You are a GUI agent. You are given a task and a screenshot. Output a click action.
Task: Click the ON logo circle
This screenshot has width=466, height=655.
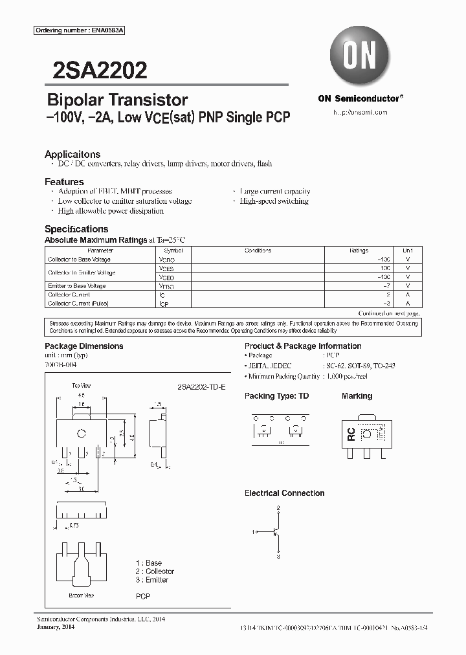point(359,58)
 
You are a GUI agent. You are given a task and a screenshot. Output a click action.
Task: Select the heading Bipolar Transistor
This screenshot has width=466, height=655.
point(117,100)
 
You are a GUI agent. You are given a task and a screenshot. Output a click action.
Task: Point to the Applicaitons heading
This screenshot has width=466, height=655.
point(72,154)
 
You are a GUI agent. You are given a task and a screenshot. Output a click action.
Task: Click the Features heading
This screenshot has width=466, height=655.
point(64,182)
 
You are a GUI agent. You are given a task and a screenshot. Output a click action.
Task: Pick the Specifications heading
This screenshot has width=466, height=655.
point(76,229)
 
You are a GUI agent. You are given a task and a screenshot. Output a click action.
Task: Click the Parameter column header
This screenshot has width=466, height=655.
point(100,250)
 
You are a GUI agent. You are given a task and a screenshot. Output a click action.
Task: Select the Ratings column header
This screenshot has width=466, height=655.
point(359,250)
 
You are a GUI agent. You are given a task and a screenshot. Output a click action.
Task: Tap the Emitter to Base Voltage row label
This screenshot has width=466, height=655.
point(77,285)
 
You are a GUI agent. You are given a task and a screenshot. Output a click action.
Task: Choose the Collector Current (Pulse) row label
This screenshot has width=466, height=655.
point(78,303)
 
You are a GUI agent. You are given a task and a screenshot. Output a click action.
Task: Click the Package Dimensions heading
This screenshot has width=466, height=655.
point(83,346)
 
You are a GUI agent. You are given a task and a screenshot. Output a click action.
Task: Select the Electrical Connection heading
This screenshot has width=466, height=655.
point(284,493)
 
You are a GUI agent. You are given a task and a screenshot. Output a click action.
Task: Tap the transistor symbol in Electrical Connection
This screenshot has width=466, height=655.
point(276,532)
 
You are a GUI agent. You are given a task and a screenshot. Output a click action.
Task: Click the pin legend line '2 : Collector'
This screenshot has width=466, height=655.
point(155,572)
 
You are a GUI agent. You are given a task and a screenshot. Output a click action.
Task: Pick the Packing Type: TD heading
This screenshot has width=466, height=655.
point(276,395)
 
